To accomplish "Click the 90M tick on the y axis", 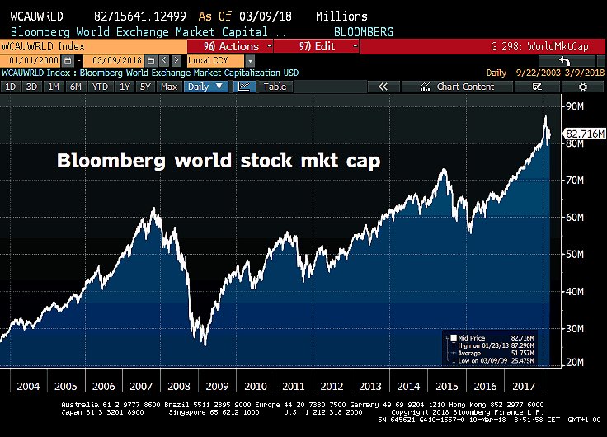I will point(575,106).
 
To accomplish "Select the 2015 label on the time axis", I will point(447,386).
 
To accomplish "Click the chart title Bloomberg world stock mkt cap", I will point(219,161).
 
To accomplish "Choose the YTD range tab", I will point(101,87).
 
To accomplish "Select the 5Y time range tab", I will point(145,87).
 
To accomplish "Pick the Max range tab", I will point(169,87).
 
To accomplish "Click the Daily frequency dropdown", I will point(205,87).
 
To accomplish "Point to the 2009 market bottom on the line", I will point(204,344).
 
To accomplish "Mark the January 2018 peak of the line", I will point(545,117).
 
